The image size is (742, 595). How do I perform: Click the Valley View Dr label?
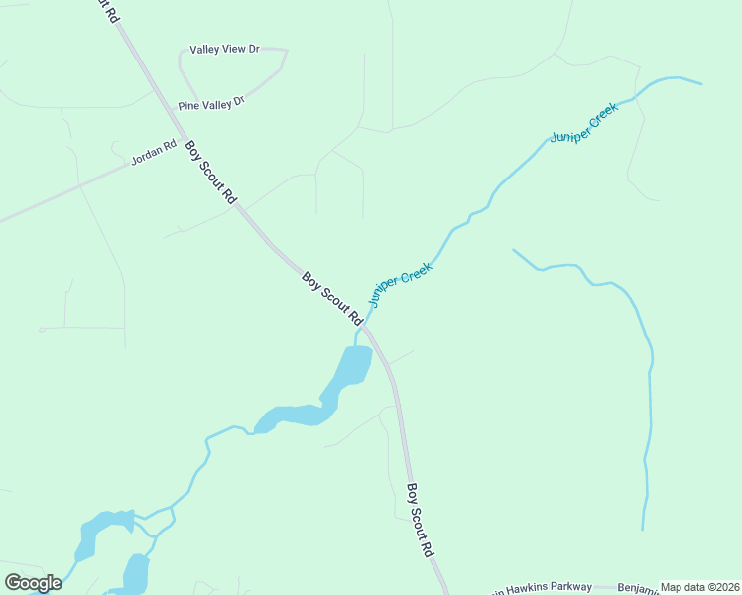tap(225, 49)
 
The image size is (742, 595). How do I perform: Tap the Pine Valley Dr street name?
tap(211, 103)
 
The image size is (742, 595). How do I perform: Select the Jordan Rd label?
tap(153, 157)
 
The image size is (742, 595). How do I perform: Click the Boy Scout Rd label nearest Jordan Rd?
tap(211, 173)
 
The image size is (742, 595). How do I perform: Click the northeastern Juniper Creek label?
tap(584, 122)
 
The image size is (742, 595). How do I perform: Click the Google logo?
tap(33, 583)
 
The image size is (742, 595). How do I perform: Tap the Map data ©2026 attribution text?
tap(699, 587)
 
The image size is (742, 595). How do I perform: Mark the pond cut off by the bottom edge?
tap(135, 575)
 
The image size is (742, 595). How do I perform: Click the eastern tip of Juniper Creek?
tap(700, 83)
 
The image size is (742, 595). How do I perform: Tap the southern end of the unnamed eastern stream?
tap(644, 528)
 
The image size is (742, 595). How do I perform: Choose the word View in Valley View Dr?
tap(228, 49)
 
